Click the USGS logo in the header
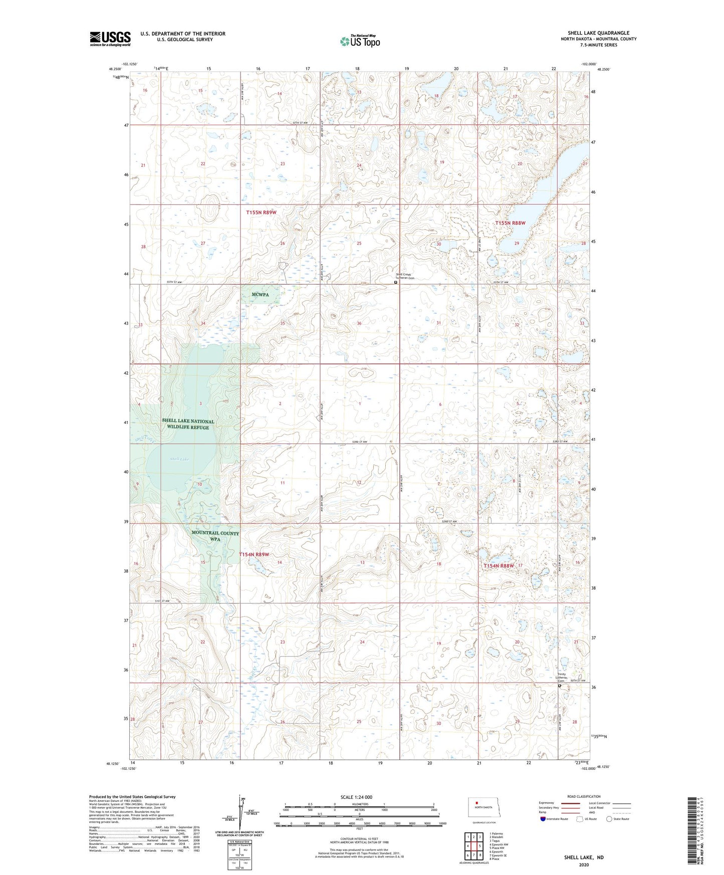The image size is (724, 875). coord(110,39)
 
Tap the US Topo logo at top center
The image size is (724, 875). coord(359,41)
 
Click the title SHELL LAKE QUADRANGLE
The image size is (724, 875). coord(598,33)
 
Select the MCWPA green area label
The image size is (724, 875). coord(260,295)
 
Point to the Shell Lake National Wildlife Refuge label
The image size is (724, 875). coord(188,424)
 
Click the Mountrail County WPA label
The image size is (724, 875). coord(215,536)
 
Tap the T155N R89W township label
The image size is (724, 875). coord(261,212)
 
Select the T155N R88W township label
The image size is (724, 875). coord(511,223)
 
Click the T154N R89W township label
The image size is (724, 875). coord(254,554)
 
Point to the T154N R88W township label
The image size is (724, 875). coord(499,566)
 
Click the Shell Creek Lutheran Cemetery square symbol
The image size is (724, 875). coord(396,282)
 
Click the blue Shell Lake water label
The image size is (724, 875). coord(179,459)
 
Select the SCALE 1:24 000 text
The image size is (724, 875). coord(356,797)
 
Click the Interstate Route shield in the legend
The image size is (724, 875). coord(544,819)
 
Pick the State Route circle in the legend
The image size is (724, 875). coord(609,819)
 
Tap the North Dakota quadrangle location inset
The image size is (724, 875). coord(483,808)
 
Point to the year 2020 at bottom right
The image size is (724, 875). coord(584,864)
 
